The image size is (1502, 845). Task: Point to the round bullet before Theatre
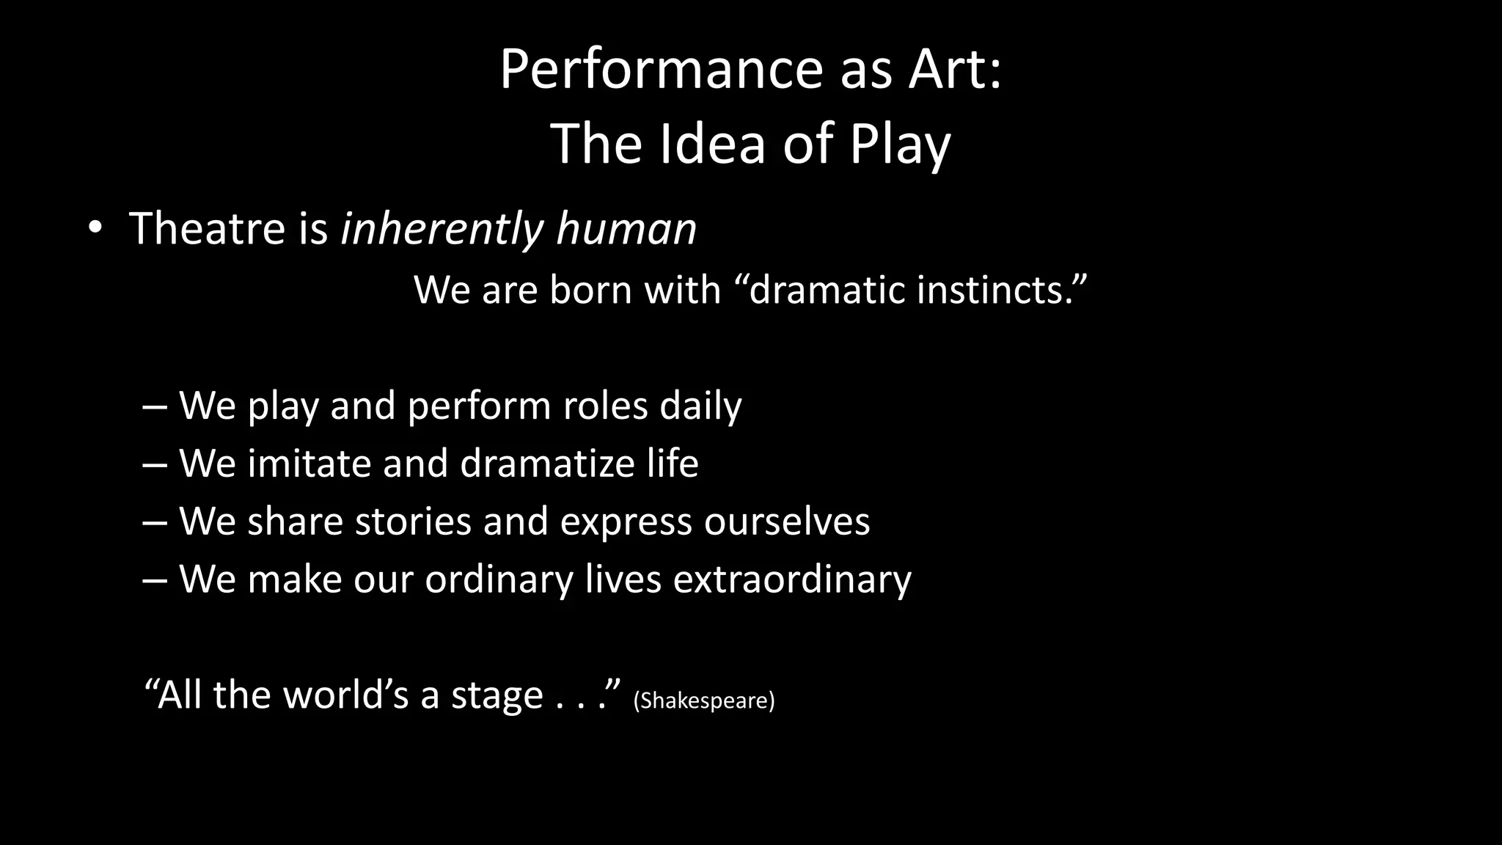tap(94, 229)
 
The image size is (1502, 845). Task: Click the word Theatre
tap(207, 228)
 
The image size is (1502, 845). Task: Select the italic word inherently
tap(442, 229)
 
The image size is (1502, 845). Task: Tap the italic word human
tap(626, 229)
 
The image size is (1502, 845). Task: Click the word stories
tap(413, 522)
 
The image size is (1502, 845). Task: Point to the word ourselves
tap(787, 522)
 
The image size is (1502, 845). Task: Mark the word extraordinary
tap(792, 579)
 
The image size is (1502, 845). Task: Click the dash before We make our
tap(155, 579)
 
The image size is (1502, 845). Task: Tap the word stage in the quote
tap(497, 695)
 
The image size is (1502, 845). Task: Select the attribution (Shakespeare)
tap(703, 700)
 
